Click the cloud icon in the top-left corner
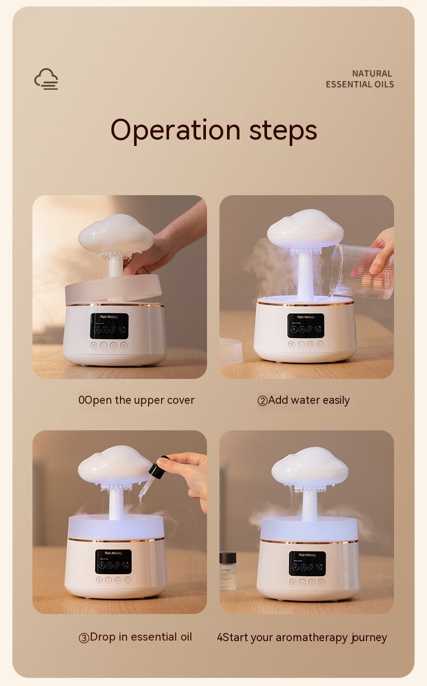click(46, 79)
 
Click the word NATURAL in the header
click(372, 74)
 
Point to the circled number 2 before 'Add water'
click(263, 401)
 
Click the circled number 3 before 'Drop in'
click(84, 638)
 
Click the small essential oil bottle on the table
click(228, 570)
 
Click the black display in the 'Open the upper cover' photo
click(109, 326)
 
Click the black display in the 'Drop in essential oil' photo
click(114, 561)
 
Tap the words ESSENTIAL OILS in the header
click(359, 84)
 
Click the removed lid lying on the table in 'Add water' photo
click(231, 351)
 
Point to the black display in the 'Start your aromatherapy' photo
click(307, 563)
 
